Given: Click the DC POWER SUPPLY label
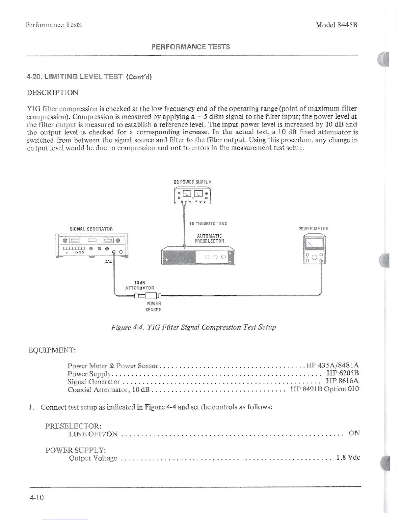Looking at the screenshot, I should point(192,182).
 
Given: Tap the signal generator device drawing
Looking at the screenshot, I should point(92,245).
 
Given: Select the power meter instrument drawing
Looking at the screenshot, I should point(314,249).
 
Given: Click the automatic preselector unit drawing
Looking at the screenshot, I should point(198,256).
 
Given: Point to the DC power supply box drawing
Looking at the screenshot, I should point(192,196).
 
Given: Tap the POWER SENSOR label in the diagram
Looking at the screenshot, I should point(154,306).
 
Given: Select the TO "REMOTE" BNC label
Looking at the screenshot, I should point(208,223).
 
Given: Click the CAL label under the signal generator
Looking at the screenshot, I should point(108,262).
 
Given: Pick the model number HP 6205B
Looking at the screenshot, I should point(342,373).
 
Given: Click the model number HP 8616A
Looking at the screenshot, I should point(342,381).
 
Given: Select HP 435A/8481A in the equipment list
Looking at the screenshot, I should point(333,365).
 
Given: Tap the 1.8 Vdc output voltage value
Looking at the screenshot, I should point(348,458).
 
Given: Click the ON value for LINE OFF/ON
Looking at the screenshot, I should point(354,433).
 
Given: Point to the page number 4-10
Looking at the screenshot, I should point(37,497).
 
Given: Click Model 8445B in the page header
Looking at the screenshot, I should point(336,25).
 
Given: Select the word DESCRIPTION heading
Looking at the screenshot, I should point(53,93).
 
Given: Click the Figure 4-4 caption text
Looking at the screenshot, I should point(194,327).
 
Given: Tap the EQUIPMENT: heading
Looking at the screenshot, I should point(52,350).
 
